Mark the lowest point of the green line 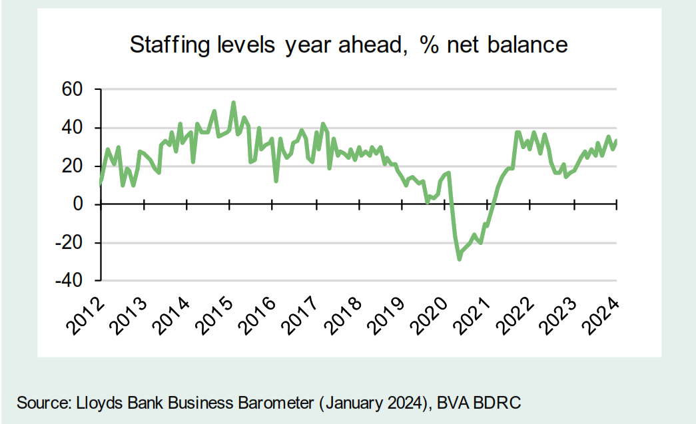click(459, 259)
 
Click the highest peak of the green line click(233, 103)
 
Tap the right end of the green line click(616, 140)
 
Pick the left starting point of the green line click(101, 182)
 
